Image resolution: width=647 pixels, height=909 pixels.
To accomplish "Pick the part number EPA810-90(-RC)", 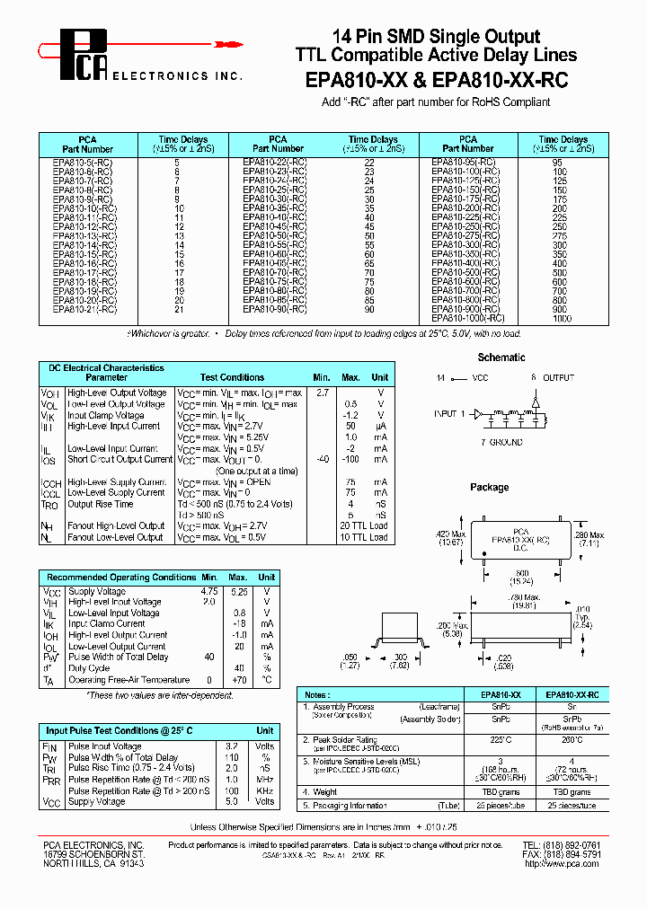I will click(275, 309).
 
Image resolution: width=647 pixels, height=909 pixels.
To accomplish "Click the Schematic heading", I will click(501, 357).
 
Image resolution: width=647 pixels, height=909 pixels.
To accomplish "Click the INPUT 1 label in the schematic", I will click(449, 414).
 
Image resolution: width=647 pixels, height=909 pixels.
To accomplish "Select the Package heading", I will click(489, 487).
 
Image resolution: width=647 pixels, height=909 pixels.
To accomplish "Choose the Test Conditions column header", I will click(232, 378).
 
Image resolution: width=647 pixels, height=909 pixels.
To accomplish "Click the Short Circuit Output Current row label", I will click(120, 459).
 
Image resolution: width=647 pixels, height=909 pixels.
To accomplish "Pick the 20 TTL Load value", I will click(364, 525).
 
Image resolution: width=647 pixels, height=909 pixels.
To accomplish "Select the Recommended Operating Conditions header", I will click(120, 577).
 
